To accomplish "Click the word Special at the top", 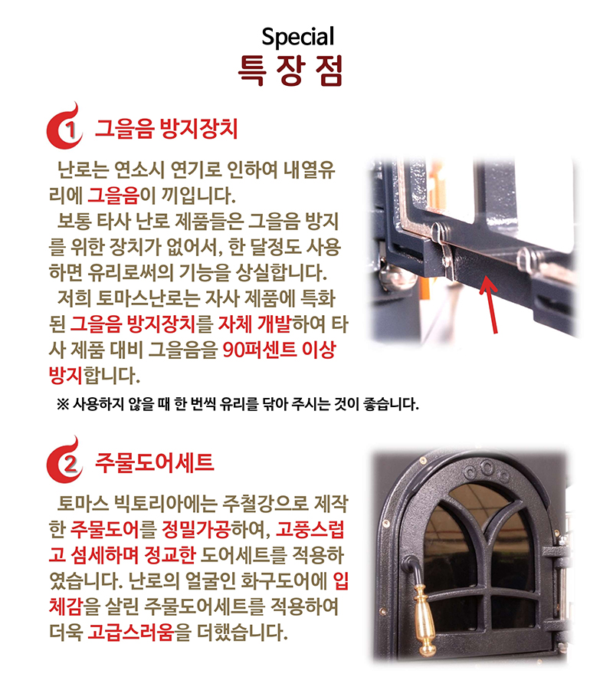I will (298, 36).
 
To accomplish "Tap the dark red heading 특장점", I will (291, 70).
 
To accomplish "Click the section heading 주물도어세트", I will (154, 463).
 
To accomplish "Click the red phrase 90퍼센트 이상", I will (279, 350).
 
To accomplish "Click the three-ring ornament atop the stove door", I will (486, 465).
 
